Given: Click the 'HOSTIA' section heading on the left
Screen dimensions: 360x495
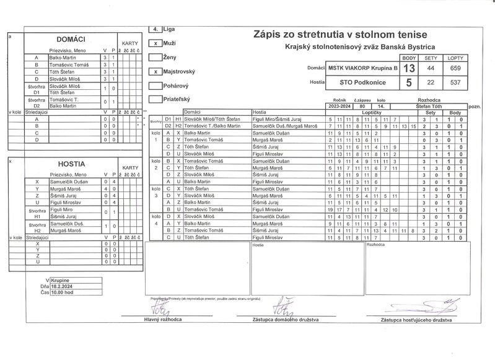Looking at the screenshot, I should [x=72, y=165].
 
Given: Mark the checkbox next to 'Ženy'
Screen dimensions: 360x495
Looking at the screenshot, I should [x=156, y=58].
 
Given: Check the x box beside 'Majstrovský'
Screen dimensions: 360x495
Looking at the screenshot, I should [x=156, y=72].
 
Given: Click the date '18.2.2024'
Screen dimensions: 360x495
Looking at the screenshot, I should [x=64, y=287].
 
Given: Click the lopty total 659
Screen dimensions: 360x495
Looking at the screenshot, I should [x=455, y=68].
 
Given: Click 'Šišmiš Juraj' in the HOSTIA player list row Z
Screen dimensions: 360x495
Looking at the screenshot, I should [x=64, y=195].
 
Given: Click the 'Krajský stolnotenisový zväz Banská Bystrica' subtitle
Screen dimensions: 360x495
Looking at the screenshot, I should [x=360, y=47].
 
